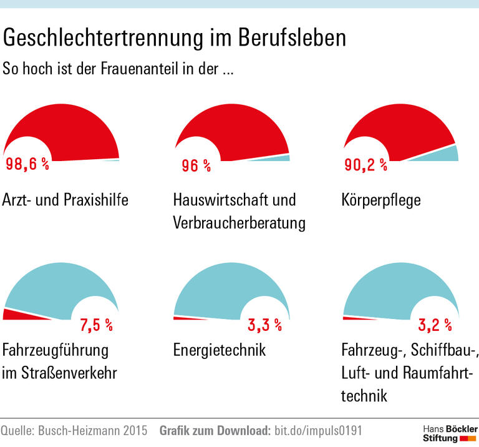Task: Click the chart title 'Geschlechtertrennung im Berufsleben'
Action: (174, 38)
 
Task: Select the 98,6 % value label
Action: (27, 165)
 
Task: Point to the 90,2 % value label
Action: (366, 165)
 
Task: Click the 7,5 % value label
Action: (96, 325)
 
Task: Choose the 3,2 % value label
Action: (434, 325)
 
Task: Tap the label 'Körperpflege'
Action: (381, 200)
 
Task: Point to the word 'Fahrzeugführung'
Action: (56, 350)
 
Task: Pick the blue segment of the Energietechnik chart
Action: (231, 281)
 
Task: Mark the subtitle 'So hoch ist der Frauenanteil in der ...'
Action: (119, 68)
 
